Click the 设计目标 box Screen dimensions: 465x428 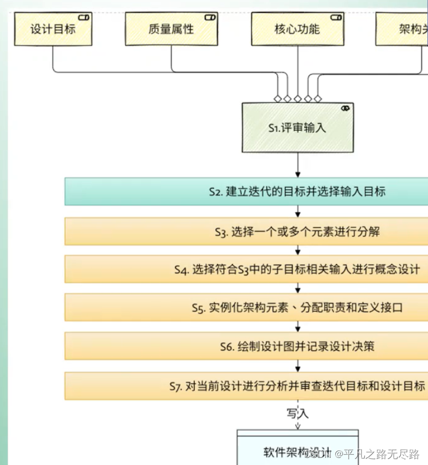[53, 29]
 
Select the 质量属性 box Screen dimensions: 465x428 [171, 29]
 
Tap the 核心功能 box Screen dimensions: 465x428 [297, 29]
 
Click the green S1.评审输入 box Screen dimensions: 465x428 [297, 128]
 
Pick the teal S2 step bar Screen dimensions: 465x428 [246, 192]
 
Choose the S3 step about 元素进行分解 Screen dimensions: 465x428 [246, 231]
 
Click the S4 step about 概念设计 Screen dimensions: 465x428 [246, 269]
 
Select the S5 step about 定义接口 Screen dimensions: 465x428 [246, 307]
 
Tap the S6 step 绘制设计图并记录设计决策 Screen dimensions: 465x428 [246, 346]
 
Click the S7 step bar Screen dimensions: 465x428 [246, 386]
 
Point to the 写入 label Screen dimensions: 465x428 [298, 413]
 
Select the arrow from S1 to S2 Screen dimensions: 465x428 [298, 164]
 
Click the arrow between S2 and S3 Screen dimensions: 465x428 [298, 212]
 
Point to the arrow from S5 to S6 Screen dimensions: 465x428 [298, 326]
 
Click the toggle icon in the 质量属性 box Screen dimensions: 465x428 [210, 17]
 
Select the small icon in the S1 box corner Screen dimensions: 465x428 [345, 109]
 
